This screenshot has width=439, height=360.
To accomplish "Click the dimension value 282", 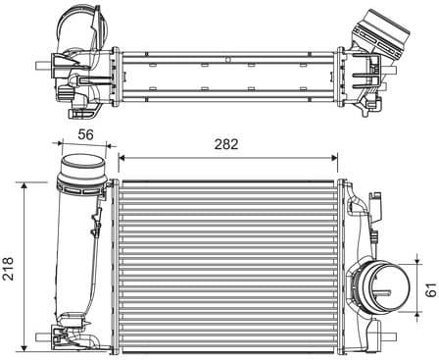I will pos(226,143).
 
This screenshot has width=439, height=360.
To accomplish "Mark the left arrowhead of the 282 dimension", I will pos(122,156).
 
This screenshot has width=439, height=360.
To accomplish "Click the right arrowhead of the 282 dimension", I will pos(335,156).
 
